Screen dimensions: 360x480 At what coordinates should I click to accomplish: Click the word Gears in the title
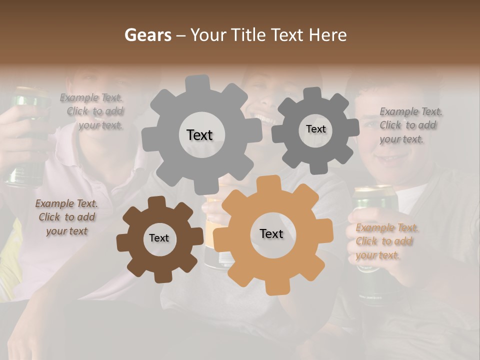pos(148,35)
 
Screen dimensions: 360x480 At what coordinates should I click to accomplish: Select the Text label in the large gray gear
pos(199,135)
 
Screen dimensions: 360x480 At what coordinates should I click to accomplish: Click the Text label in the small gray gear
pos(315,129)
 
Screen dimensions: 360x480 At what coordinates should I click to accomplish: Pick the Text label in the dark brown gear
pos(158,238)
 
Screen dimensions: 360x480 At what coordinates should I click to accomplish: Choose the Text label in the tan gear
pos(271,234)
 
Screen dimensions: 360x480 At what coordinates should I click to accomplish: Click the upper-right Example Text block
pos(410,125)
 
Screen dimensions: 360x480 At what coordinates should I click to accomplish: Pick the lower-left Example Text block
pos(67,217)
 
